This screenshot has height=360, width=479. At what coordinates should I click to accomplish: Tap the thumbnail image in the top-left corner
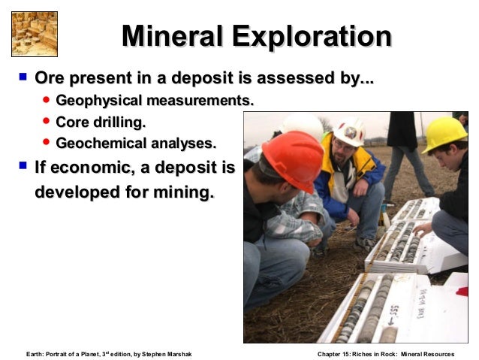tap(35, 34)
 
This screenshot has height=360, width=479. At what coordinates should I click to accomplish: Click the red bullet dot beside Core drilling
tap(47, 121)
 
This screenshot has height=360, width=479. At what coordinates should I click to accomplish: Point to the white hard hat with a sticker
tap(349, 132)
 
